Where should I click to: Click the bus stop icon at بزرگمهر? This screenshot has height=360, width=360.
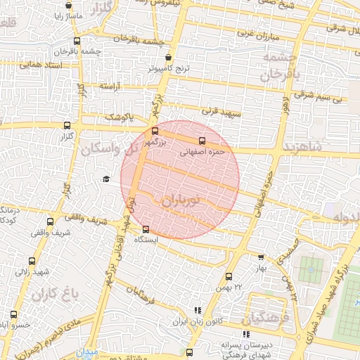click(x=155, y=131)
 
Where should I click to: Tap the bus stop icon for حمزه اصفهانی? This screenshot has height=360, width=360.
click(x=202, y=140)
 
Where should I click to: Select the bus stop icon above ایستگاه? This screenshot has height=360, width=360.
click(x=146, y=229)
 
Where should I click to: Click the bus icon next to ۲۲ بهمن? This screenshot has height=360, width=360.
click(x=229, y=276)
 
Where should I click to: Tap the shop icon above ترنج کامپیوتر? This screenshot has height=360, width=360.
click(x=167, y=58)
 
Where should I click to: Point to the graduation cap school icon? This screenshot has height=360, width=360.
click(x=106, y=179)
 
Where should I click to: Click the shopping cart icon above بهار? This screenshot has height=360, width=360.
click(x=262, y=258)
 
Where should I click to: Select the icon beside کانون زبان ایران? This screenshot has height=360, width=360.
click(x=198, y=309)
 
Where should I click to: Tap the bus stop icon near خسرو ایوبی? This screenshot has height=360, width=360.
click(x=13, y=314)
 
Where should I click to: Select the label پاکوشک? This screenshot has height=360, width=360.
click(x=118, y=117)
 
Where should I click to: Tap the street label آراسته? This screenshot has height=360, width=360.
click(x=110, y=85)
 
